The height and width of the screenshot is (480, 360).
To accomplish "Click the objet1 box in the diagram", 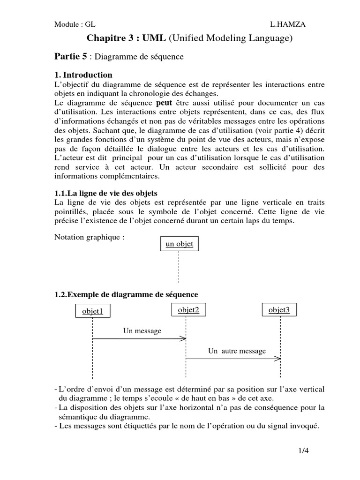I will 92,311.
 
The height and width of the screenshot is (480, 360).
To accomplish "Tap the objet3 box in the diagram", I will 279,310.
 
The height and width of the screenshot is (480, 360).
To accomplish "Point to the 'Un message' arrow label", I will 142,331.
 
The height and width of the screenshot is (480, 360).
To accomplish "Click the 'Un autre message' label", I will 237,351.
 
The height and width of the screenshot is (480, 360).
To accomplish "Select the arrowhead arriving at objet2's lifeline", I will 184,338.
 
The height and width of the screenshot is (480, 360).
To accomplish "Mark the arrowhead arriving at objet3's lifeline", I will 278,359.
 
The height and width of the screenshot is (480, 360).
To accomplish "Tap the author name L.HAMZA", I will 287,25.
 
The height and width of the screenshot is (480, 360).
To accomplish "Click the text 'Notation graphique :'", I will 90,237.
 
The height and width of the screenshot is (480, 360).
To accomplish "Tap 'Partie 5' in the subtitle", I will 71,56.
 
